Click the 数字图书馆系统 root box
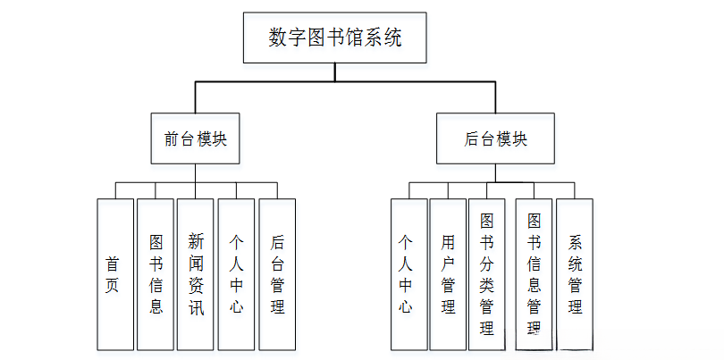point(335,38)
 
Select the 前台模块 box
point(195,138)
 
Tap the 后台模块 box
point(495,138)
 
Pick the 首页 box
point(114,273)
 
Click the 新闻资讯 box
point(196,273)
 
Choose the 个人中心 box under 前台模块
point(237,273)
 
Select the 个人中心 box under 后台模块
point(408,273)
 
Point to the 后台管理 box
point(277,273)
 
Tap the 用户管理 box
point(448,273)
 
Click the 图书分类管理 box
point(487,273)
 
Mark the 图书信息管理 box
point(534,273)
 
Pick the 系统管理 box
point(575,273)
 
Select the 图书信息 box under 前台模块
point(156,273)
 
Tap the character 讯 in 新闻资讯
point(196,307)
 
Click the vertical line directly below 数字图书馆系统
point(335,71)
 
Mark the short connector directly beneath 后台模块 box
point(495,173)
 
